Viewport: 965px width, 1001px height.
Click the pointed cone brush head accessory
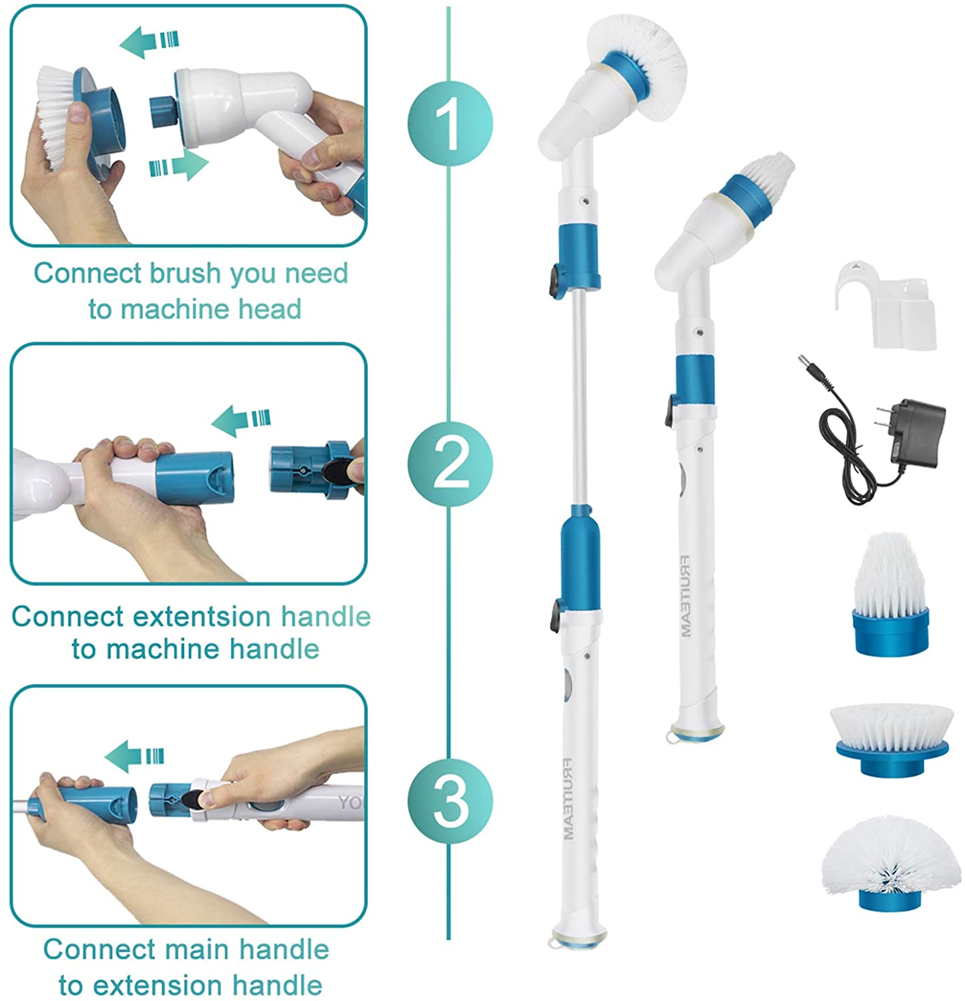tap(890, 593)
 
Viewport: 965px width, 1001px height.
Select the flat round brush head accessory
tap(892, 741)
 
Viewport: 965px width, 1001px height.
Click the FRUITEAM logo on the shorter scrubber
tap(686, 596)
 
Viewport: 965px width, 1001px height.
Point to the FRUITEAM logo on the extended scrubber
tap(568, 798)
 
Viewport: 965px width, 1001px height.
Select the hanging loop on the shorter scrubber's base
tap(672, 735)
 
